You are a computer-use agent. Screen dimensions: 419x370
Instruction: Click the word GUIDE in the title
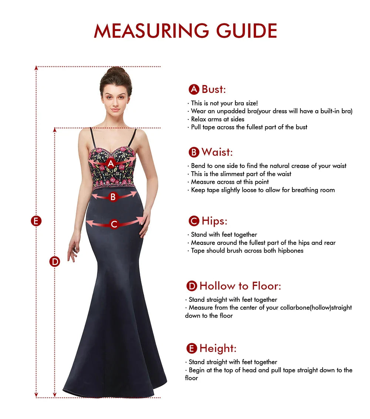tap(247, 31)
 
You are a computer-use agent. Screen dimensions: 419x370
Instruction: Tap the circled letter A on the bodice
tap(111, 163)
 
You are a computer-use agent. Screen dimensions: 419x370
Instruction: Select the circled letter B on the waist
tap(113, 197)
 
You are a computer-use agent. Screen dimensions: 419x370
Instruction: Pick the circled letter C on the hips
tap(114, 224)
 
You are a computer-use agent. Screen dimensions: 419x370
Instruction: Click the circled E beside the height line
tap(36, 221)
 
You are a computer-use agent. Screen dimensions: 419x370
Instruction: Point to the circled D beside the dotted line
tap(55, 261)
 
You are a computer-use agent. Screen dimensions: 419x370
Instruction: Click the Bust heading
tap(213, 89)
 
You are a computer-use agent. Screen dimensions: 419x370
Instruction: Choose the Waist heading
tap(217, 152)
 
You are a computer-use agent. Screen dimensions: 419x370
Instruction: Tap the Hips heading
tap(214, 221)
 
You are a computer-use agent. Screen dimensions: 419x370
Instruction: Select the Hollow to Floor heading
tap(240, 286)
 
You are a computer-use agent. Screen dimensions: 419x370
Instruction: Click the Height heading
tap(218, 348)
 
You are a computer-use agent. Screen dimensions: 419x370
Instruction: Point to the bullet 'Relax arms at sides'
tap(218, 119)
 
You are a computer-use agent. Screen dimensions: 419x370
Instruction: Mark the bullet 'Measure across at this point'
tap(230, 182)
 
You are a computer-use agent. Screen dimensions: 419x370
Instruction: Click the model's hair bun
tap(116, 70)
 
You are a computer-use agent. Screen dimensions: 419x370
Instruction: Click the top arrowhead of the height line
tap(36, 68)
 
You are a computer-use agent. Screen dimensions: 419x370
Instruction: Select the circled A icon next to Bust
tap(194, 89)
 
